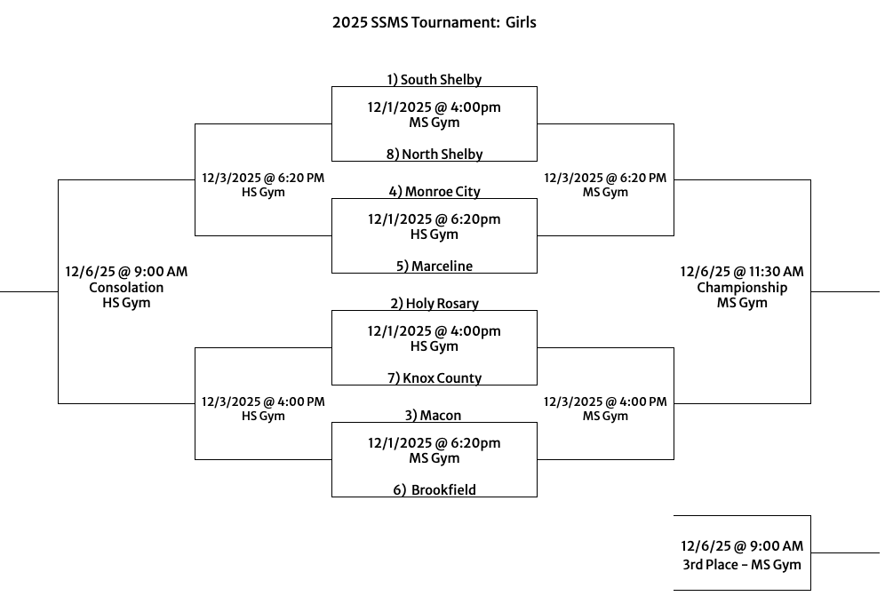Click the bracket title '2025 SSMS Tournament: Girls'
[x=434, y=22]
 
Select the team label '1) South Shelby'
[x=434, y=80]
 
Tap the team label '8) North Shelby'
[x=434, y=155]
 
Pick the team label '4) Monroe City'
[x=434, y=192]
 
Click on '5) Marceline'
[x=434, y=266]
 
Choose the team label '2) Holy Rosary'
[x=434, y=304]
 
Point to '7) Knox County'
[x=434, y=378]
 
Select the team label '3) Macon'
[x=434, y=416]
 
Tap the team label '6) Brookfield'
[x=434, y=490]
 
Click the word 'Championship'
[x=741, y=288]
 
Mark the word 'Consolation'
[x=126, y=288]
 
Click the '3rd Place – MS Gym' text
[x=741, y=565]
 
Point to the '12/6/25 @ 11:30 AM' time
[x=741, y=272]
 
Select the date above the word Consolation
[x=126, y=272]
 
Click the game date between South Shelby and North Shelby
[x=434, y=107]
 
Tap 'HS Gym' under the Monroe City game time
[x=434, y=234]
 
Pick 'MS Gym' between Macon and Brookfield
[x=434, y=458]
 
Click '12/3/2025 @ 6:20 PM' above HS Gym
[x=263, y=178]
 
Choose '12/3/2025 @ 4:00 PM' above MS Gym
[x=604, y=401]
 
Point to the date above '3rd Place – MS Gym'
[x=741, y=547]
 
